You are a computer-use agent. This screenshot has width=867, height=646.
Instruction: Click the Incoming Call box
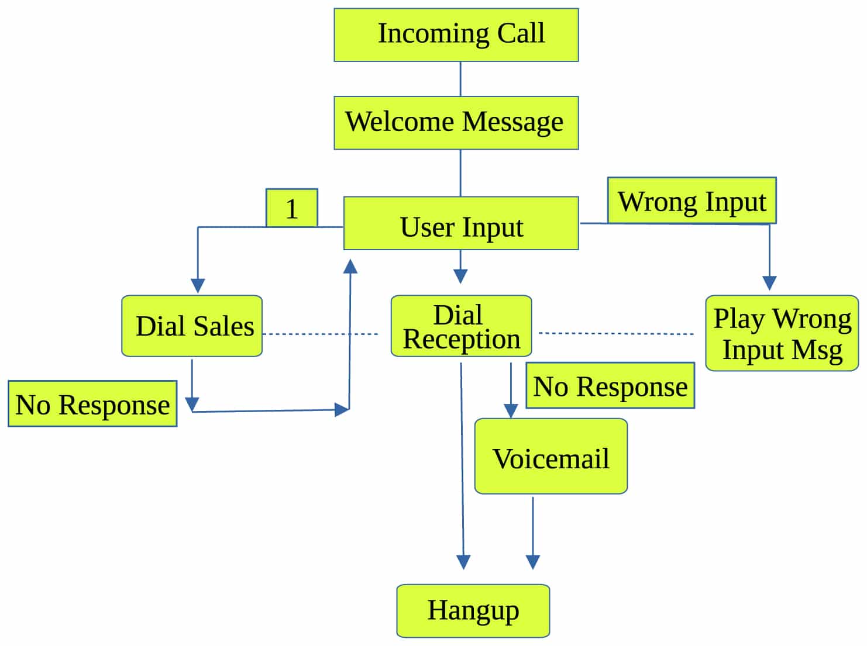tap(456, 34)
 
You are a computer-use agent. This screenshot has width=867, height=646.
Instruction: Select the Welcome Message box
tap(456, 123)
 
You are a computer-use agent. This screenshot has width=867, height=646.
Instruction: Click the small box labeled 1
tap(291, 208)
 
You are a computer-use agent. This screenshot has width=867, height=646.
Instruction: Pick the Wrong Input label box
tap(691, 201)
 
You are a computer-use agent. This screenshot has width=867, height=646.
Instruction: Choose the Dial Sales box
tap(192, 326)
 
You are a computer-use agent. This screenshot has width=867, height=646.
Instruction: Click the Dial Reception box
tap(461, 326)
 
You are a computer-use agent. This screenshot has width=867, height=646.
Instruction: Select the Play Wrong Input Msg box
tap(782, 333)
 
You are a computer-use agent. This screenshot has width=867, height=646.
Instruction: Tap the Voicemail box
tap(551, 456)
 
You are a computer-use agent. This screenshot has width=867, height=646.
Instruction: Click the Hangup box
tap(473, 610)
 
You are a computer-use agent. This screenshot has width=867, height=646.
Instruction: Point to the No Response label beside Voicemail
tap(610, 385)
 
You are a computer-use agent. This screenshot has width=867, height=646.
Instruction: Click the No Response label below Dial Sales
tap(92, 404)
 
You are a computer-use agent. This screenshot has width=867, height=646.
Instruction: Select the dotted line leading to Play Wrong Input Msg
tap(615, 333)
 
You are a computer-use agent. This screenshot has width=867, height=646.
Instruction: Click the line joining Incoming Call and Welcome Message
tap(460, 79)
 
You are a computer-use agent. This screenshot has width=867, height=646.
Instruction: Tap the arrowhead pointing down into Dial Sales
tap(198, 285)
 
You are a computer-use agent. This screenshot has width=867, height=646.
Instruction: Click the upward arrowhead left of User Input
tap(350, 267)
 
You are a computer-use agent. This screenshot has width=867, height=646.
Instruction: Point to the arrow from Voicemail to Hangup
tap(532, 532)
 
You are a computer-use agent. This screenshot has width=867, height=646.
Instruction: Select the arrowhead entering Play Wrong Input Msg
tap(769, 283)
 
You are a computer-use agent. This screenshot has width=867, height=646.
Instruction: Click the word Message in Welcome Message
tap(512, 123)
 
